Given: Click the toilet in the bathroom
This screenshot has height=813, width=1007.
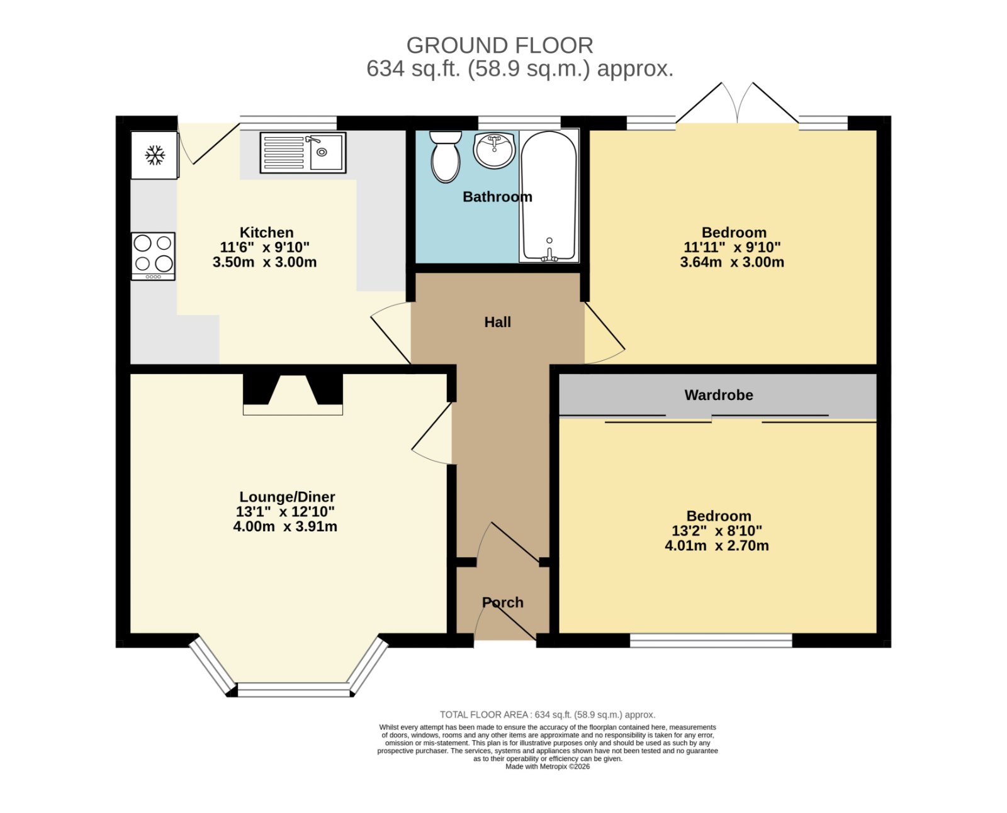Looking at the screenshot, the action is click(x=446, y=157).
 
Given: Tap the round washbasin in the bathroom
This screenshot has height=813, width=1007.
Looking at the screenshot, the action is click(x=494, y=150).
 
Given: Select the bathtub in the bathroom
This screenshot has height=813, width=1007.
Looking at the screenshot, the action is click(x=548, y=196).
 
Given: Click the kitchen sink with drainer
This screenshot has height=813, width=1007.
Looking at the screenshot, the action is click(x=303, y=152).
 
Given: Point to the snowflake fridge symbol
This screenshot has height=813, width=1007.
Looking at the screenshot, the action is click(x=155, y=155).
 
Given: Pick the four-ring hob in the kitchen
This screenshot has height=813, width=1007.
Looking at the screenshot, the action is click(x=153, y=256).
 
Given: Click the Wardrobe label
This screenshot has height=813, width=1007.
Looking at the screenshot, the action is click(x=718, y=395).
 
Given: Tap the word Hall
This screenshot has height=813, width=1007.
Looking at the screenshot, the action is click(x=497, y=322).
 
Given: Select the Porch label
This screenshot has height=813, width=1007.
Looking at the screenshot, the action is click(x=502, y=602).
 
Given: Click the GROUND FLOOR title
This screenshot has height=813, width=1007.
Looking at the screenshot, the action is click(x=500, y=46).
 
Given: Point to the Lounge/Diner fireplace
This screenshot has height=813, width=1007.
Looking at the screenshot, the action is click(x=293, y=394).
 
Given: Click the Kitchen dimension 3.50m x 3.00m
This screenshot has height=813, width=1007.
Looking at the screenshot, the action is click(x=264, y=262).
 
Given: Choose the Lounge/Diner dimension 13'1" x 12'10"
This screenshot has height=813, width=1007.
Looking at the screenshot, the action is click(x=285, y=512).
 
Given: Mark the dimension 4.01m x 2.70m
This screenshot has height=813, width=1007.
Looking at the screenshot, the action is click(x=717, y=546).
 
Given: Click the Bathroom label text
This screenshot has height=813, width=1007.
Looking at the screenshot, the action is click(x=497, y=197).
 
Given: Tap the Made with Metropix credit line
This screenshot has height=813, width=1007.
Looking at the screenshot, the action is click(x=548, y=766).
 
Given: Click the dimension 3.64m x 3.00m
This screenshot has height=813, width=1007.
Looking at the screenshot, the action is click(x=732, y=262).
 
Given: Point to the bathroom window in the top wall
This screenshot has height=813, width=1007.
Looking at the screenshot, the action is click(x=519, y=123).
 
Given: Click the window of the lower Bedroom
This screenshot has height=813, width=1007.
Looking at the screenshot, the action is click(x=711, y=641).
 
